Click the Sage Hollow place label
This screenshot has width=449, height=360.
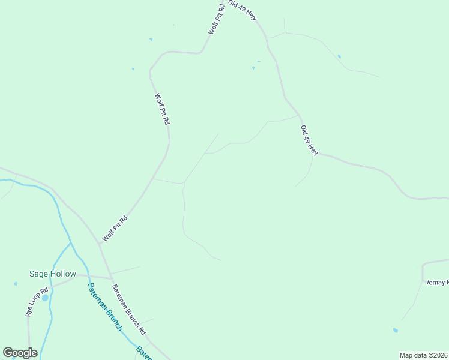53,274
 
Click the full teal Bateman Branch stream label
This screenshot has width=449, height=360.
105,307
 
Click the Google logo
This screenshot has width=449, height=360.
20,353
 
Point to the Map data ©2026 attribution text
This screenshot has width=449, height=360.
424,355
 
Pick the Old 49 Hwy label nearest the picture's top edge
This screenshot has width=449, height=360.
243,11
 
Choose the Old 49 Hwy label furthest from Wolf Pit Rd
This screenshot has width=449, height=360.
309,141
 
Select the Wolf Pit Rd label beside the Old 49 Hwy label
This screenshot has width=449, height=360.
216,19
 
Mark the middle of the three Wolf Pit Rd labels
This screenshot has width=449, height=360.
162,109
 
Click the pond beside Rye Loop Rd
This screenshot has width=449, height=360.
45,297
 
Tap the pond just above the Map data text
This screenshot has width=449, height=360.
395,330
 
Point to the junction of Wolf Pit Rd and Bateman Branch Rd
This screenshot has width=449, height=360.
100,244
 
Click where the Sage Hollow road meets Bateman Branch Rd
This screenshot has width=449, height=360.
111,278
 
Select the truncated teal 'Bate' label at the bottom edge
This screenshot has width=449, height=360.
144,353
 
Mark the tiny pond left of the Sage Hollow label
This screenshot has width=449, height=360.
16,283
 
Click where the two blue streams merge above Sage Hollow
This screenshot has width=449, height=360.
71,244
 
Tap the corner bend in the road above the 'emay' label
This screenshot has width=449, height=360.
423,264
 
